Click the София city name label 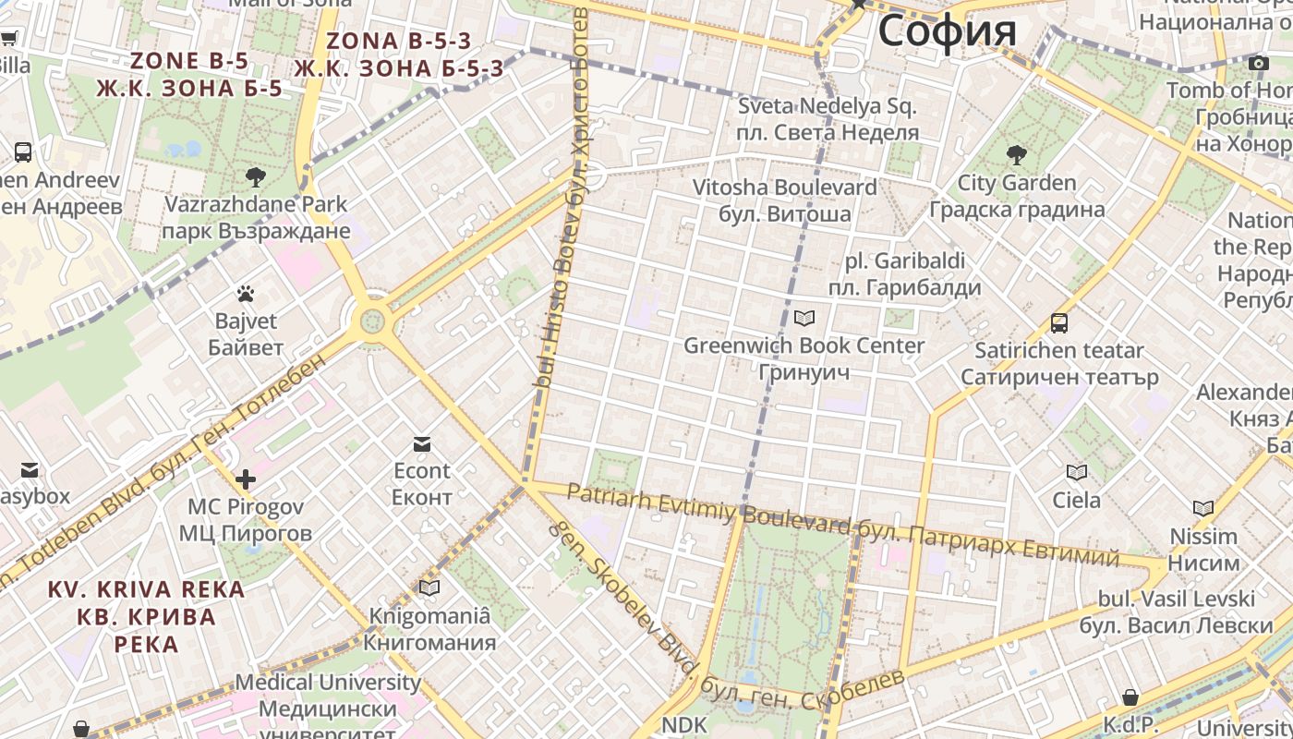(947, 30)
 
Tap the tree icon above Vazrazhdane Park (256, 176)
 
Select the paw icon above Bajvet (246, 295)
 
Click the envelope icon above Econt (422, 444)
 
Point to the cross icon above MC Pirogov (246, 479)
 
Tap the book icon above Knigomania (429, 588)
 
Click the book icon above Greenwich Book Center (804, 319)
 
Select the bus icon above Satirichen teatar (1059, 323)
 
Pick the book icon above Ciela (1077, 473)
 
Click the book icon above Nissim (1203, 509)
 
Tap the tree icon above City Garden (1017, 154)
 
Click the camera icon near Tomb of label (1258, 63)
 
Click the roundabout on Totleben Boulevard (372, 321)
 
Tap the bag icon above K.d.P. (1130, 697)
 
